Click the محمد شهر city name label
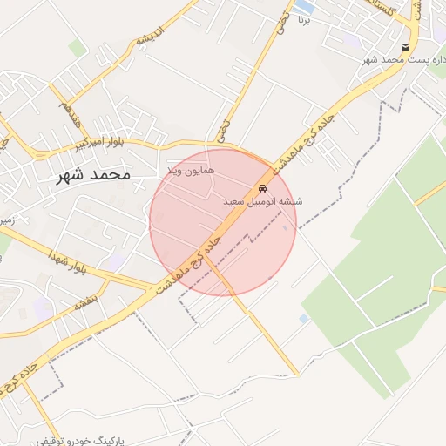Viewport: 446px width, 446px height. (x=93, y=174)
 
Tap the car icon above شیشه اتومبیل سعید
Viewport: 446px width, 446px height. (x=262, y=188)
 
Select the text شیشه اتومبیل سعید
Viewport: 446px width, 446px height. (x=262, y=201)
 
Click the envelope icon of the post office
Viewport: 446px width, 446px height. (x=406, y=47)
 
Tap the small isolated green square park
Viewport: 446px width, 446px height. (x=78, y=48)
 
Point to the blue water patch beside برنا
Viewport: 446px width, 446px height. (x=304, y=7)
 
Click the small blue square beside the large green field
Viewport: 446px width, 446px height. (x=303, y=319)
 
